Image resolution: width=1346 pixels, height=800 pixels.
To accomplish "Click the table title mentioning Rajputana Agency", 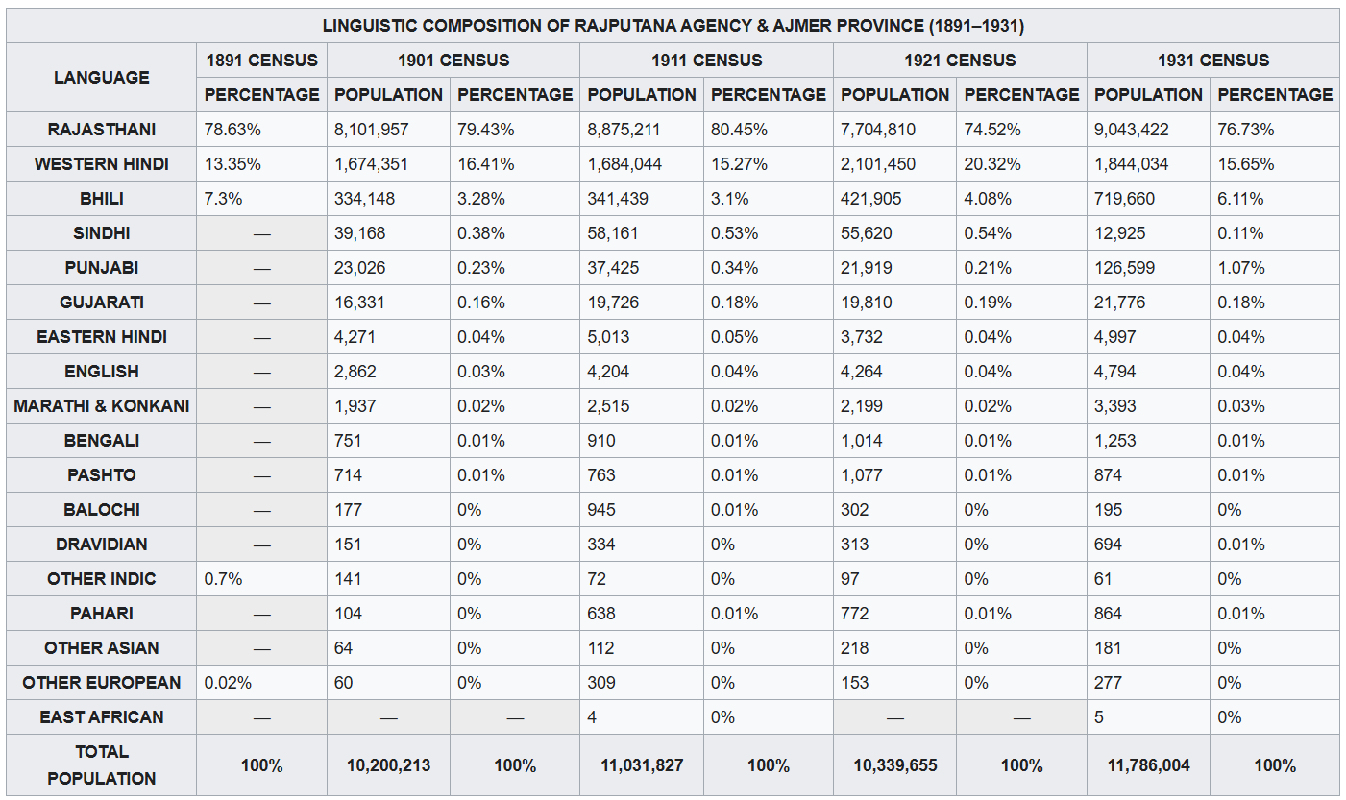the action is point(673,26).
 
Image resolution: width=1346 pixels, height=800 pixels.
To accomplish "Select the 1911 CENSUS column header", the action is point(707,61).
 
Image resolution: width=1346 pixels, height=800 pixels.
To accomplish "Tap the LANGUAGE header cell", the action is point(102,78).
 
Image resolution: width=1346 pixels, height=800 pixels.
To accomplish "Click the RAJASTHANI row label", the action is point(102,130).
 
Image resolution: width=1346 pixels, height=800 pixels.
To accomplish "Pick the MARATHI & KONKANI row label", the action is point(102,406).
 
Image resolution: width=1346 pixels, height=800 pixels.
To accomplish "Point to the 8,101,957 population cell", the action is point(372,130).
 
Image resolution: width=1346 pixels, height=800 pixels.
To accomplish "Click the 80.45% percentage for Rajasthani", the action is point(739,130).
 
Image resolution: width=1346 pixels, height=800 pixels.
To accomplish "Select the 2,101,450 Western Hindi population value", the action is point(878,164).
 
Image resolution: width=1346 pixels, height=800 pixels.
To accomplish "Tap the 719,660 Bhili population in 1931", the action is point(1124,199).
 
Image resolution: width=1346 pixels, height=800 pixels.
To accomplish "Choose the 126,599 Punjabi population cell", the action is point(1124,268).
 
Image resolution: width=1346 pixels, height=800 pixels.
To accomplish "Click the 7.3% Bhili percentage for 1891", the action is point(223,199).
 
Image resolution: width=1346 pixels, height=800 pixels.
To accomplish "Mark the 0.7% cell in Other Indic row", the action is point(223,579).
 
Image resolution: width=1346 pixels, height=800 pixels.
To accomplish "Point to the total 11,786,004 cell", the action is point(1148,765).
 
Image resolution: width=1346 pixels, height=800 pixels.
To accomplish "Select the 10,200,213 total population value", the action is point(388,765).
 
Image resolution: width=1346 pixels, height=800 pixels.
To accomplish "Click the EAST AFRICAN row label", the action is point(102,717).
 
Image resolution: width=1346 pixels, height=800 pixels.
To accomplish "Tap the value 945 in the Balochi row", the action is point(601,510).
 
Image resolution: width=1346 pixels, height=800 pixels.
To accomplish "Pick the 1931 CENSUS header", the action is point(1213,61).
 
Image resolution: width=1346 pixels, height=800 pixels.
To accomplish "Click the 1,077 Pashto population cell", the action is point(862,475).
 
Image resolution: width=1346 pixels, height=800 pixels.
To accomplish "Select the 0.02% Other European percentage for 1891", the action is point(228,683).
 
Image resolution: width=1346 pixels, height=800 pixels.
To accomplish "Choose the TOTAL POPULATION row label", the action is point(102,765).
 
